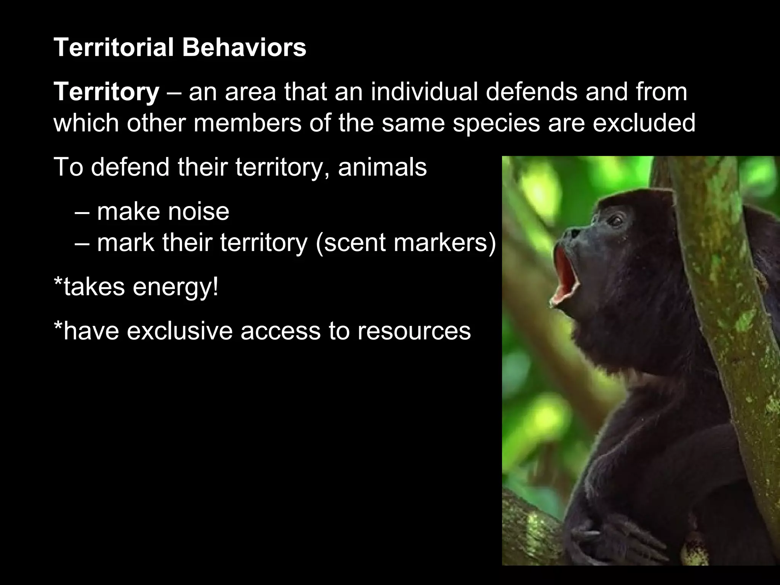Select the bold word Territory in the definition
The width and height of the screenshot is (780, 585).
(106, 92)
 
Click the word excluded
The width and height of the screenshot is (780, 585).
(644, 123)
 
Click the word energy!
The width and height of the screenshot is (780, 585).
(176, 286)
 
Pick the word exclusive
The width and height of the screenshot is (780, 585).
(179, 331)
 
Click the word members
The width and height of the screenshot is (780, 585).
(247, 123)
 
